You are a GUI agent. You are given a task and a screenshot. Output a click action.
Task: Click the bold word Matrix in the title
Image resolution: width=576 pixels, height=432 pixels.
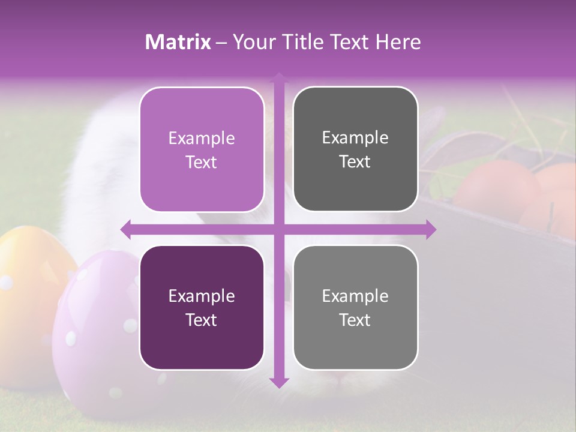(178, 42)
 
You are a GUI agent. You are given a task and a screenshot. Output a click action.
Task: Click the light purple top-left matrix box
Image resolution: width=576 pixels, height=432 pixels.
(202, 149)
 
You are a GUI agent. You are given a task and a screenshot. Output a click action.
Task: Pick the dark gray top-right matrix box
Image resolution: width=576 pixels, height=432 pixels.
(355, 149)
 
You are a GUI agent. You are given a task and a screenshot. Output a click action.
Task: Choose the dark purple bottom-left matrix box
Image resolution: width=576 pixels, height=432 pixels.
(202, 307)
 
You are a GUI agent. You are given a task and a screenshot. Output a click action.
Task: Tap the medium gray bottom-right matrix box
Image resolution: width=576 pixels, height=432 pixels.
(355, 307)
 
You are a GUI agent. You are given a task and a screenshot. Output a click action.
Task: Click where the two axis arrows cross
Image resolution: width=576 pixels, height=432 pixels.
(279, 229)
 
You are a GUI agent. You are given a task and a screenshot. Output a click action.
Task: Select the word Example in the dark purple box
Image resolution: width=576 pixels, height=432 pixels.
(202, 296)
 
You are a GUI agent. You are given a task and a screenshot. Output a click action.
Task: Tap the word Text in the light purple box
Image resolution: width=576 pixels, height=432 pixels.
(202, 162)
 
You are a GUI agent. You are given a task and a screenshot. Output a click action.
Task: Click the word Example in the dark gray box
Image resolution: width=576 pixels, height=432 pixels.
(355, 137)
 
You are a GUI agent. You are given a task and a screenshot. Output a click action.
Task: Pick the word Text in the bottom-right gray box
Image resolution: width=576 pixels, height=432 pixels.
(355, 320)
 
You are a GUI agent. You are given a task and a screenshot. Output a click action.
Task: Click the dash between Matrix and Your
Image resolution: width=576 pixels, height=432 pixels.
(221, 43)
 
